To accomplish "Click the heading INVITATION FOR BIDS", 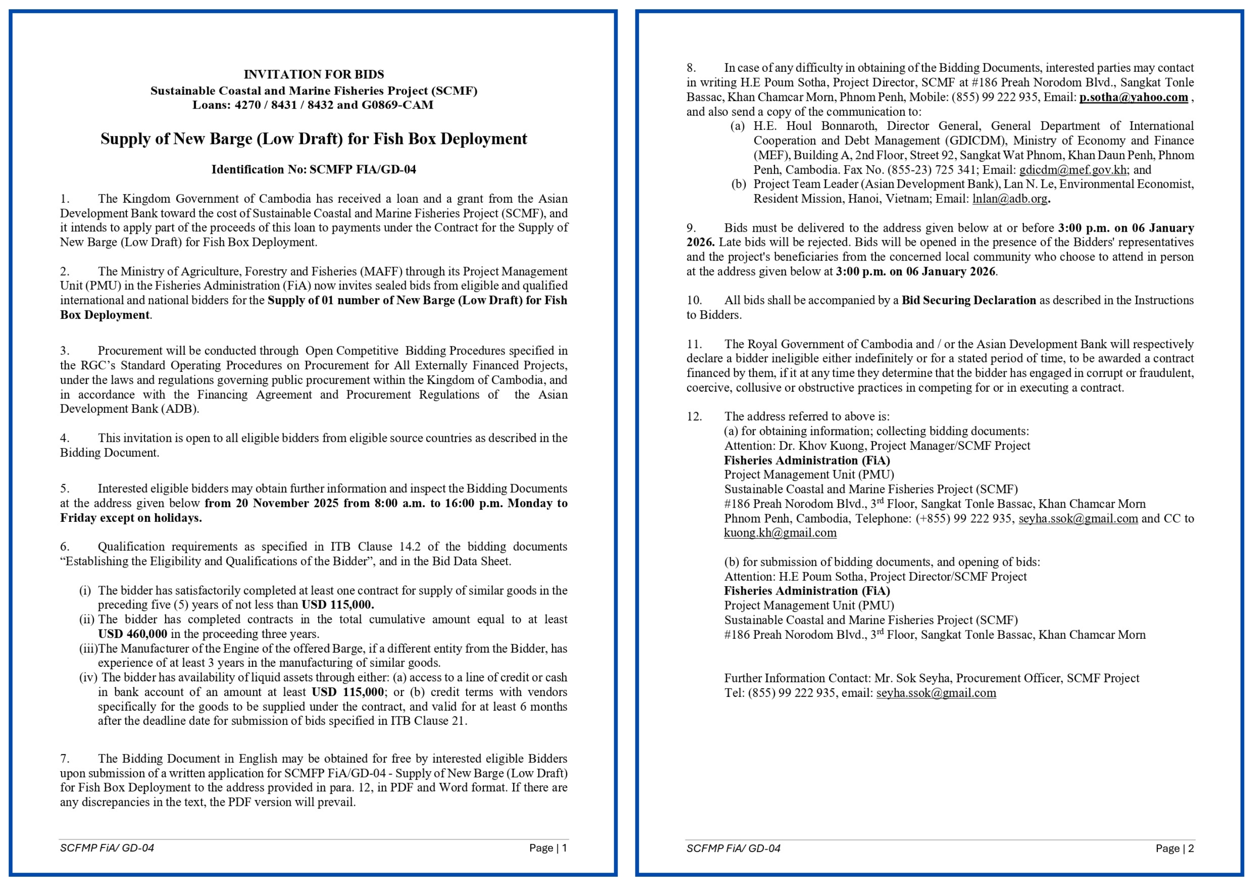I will pyautogui.click(x=313, y=74).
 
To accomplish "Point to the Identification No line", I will pyautogui.click(x=313, y=169).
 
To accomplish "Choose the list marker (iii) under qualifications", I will pyautogui.click(x=88, y=649).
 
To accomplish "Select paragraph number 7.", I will pyautogui.click(x=65, y=758).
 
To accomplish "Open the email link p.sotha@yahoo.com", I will pyautogui.click(x=1133, y=97).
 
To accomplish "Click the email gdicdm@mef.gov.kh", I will pyautogui.click(x=1072, y=170).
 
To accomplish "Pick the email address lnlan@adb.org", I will pyautogui.click(x=1010, y=198).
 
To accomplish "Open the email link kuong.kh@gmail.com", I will pyautogui.click(x=780, y=533).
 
